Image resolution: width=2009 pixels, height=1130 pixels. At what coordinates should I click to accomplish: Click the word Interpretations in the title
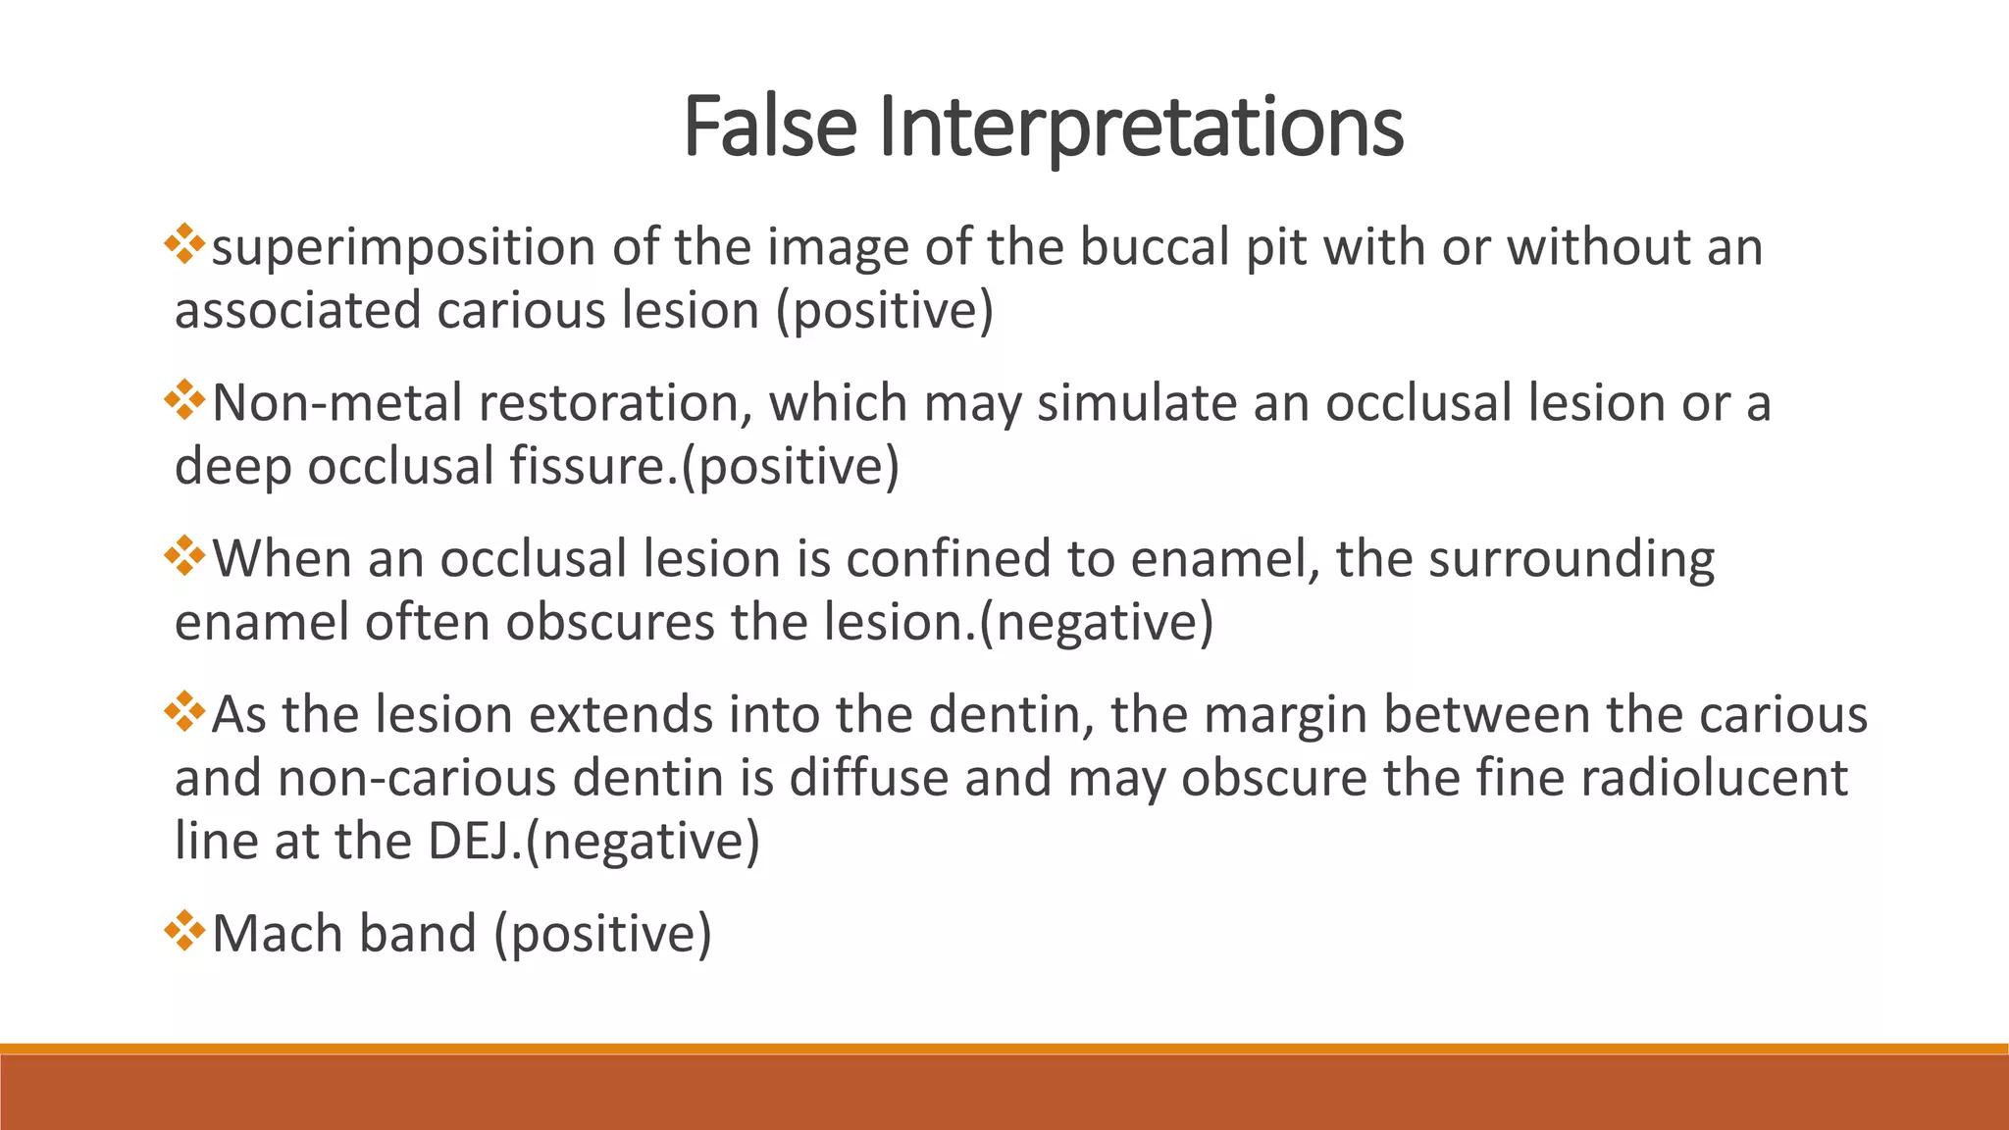click(1141, 127)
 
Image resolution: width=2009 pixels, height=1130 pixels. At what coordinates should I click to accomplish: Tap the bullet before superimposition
click(184, 244)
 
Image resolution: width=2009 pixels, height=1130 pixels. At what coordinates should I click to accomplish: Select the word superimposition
click(403, 247)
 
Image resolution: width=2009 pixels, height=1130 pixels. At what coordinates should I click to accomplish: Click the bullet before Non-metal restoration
click(184, 400)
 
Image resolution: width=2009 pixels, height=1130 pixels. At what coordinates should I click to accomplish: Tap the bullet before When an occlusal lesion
click(184, 556)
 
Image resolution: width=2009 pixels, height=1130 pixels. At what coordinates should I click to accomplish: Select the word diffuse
click(869, 777)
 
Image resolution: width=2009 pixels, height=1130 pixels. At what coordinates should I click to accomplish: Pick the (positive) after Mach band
click(602, 934)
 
